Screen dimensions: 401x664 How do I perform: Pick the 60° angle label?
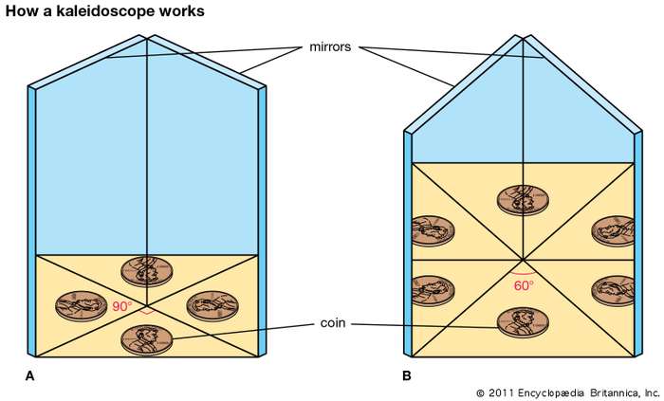524,283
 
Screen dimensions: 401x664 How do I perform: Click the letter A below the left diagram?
29,376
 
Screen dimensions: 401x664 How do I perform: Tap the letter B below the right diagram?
406,376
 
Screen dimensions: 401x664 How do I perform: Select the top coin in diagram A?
146,270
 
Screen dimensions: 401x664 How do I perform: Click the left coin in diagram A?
81,304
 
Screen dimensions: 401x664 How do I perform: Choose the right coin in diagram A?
212,304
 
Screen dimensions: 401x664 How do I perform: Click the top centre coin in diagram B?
523,200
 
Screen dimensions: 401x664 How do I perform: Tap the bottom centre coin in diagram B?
523,321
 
